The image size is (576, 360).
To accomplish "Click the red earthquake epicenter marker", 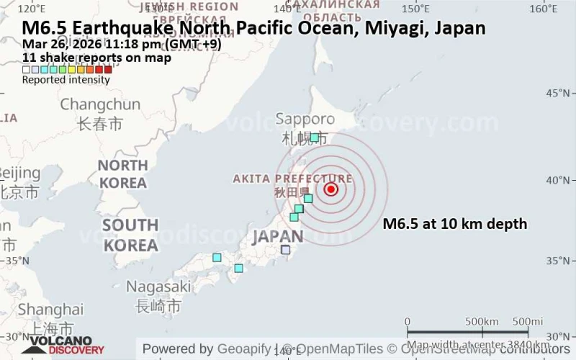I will point(330,189).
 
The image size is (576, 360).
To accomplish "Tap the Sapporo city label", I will point(305,120).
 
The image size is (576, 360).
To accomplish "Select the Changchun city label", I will point(100,105).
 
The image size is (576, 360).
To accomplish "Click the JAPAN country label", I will point(278,236).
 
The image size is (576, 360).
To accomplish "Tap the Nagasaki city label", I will point(158,287).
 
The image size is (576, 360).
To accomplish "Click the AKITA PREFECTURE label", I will point(292,179).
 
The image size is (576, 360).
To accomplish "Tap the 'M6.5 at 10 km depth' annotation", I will point(455,224).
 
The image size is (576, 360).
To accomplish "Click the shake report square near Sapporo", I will point(315,137).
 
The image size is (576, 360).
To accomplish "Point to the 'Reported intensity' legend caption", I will point(66,80).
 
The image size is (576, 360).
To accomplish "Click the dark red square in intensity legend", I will point(108,70).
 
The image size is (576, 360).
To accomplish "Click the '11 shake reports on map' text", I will point(96,58).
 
